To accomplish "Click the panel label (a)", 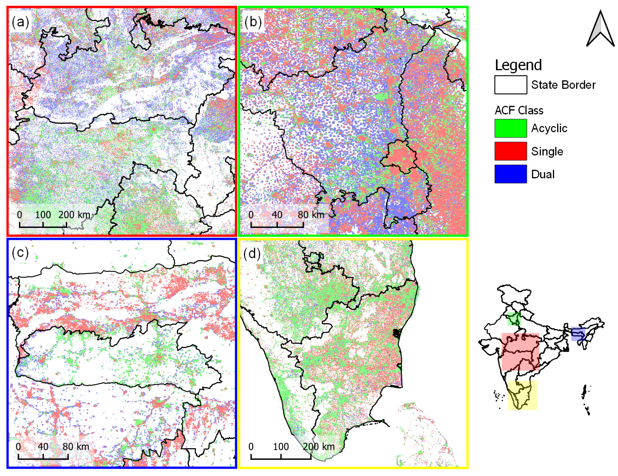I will click(20, 22).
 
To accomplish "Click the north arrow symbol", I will click(600, 30).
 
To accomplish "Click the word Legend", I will click(518, 65).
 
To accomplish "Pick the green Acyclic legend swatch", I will click(510, 128).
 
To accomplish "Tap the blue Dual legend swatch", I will click(510, 174).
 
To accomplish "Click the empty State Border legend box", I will click(510, 85).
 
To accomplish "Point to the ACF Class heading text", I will click(519, 110).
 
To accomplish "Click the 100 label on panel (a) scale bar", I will click(43, 215).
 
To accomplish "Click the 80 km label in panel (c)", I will click(76, 447).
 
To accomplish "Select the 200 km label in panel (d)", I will click(319, 447).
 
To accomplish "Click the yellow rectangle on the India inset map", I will click(522, 395).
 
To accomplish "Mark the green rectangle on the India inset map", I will click(514, 319).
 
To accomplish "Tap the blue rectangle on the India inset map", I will click(578, 334).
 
